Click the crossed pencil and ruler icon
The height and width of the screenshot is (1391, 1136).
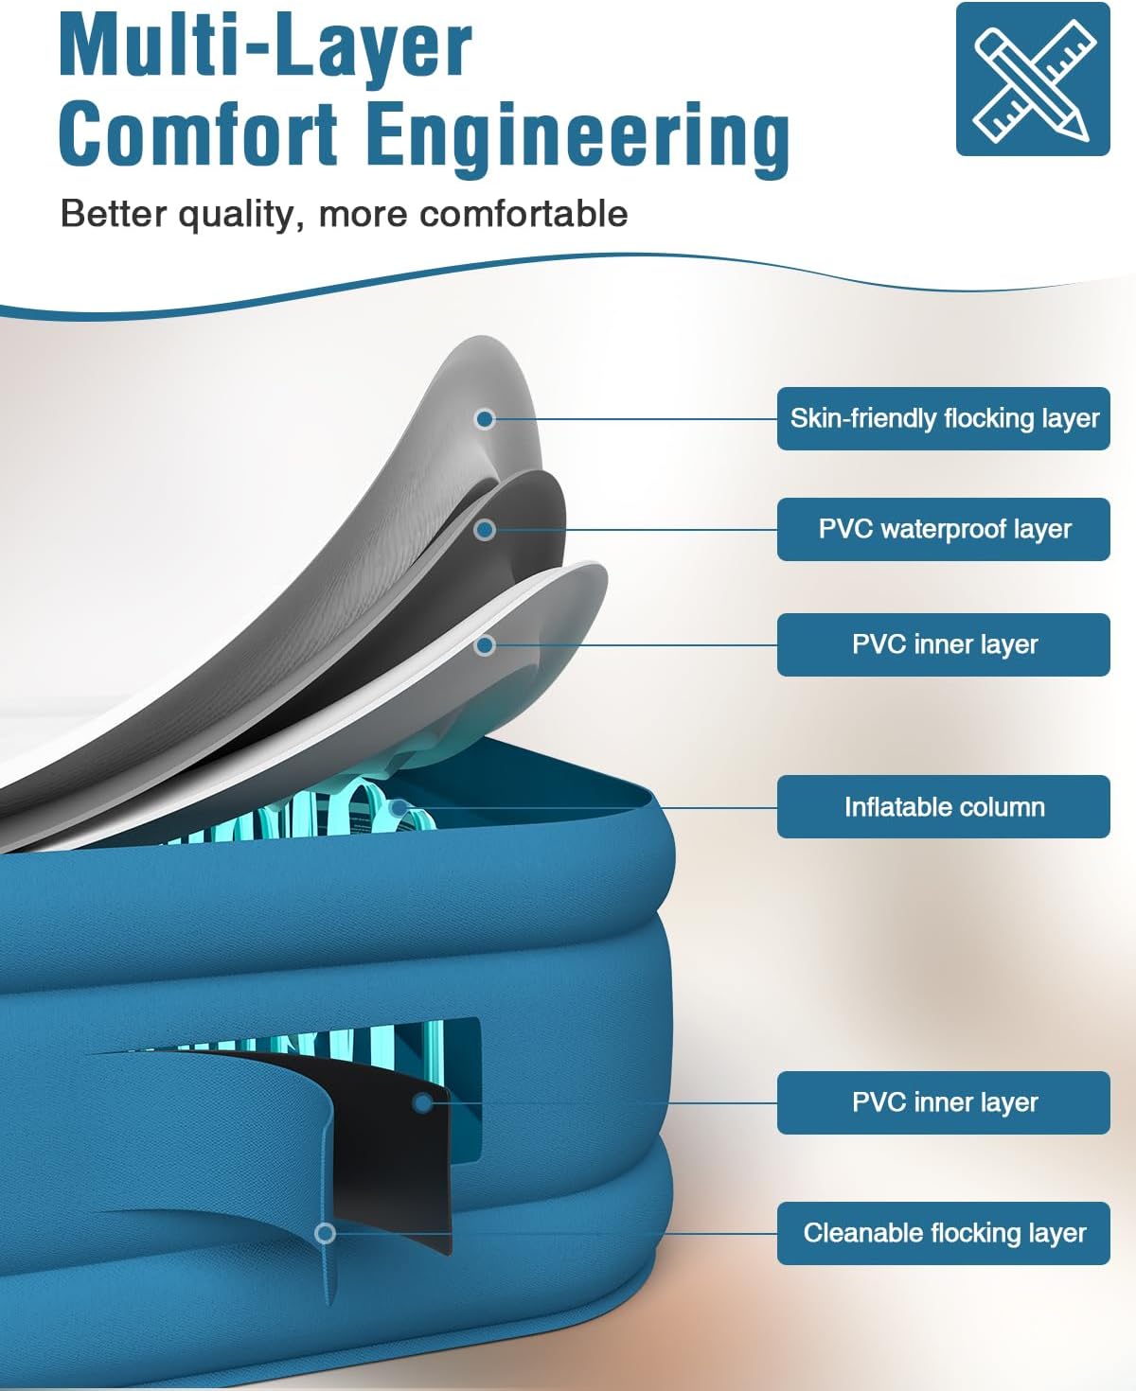pos(1032,79)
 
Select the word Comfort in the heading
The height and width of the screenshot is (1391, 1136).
pos(198,134)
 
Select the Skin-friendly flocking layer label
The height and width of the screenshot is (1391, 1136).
pos(943,418)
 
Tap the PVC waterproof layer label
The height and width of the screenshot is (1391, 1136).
pos(943,529)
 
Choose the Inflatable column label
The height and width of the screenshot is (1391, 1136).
pos(943,806)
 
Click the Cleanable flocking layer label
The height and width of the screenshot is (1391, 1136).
pos(943,1233)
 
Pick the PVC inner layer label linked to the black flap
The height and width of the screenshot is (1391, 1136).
pos(943,1102)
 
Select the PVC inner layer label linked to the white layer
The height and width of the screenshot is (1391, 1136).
pos(943,644)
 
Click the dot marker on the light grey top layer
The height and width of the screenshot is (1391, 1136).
pos(485,418)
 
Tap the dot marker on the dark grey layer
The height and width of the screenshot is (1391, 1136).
pos(485,530)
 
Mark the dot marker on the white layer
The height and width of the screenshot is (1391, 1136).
pos(485,645)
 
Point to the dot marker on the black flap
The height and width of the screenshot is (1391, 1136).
pos(423,1102)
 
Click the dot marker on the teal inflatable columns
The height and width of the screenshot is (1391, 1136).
pos(399,807)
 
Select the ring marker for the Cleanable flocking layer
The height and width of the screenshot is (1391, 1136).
pos(326,1233)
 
